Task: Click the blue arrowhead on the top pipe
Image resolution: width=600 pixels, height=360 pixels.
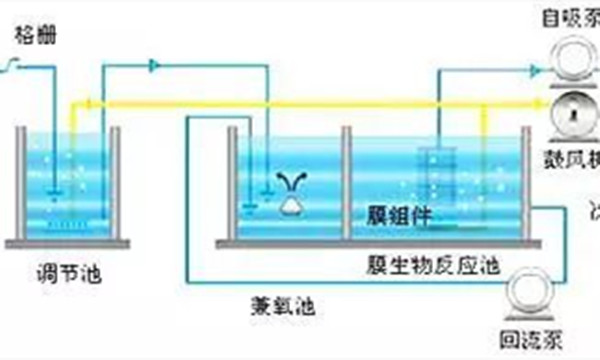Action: pyautogui.click(x=155, y=65)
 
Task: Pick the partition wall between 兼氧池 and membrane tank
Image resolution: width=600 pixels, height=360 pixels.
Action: pyautogui.click(x=345, y=185)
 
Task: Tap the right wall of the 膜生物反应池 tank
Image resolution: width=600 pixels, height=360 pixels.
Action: pyautogui.click(x=526, y=185)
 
